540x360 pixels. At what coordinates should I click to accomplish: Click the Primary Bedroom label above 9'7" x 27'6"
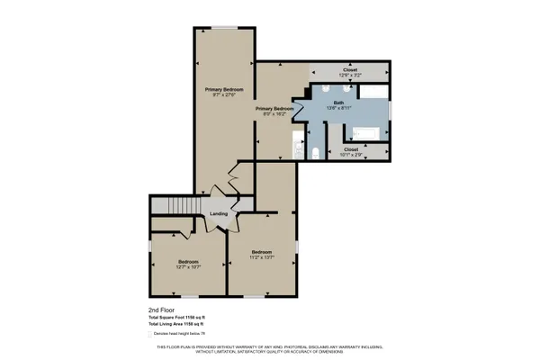point(224,89)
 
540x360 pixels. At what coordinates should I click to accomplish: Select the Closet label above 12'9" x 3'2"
point(351,69)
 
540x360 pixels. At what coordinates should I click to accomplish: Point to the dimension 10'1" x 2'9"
point(351,155)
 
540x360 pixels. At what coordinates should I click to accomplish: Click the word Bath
point(338,103)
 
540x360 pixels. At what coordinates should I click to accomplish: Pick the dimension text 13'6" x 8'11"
point(338,108)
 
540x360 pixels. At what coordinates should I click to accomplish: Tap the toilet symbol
point(315,151)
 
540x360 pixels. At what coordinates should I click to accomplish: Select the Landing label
point(219,213)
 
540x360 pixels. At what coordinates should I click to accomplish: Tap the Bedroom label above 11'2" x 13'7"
point(262,251)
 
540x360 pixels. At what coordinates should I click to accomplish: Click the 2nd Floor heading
point(159,310)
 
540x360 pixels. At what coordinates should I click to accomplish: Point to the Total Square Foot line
point(183,317)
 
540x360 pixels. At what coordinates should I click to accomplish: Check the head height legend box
point(150,333)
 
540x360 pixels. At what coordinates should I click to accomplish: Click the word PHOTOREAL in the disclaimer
point(274,346)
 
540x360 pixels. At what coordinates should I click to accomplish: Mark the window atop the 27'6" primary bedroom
point(224,28)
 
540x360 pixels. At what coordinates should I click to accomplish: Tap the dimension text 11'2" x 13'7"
point(262,256)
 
